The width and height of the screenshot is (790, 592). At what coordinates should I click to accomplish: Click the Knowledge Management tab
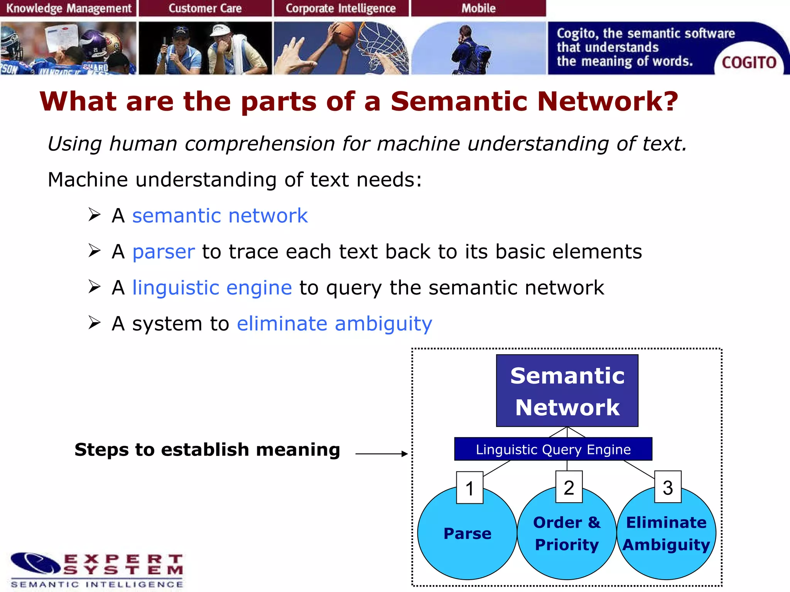coord(69,8)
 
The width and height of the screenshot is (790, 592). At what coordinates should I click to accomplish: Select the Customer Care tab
coord(205,8)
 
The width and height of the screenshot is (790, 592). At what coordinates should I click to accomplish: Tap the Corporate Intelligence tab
coord(341,8)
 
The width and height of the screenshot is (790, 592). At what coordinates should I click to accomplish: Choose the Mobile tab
coord(478,8)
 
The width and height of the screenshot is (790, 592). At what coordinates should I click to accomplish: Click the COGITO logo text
coord(749,62)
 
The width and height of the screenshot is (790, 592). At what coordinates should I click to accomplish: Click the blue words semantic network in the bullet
coord(220,215)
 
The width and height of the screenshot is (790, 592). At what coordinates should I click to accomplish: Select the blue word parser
coord(164,252)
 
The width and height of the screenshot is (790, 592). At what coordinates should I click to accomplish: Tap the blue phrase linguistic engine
coord(212,288)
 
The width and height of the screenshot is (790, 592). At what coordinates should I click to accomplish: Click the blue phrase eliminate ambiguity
coord(334,324)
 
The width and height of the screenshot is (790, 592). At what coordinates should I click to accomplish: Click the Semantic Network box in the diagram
coord(567,390)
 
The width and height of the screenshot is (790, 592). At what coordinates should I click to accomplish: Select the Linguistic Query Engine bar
coord(553,449)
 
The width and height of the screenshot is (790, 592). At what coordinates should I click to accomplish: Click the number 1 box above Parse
coord(469,488)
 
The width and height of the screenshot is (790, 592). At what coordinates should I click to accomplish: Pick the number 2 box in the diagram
coord(569,487)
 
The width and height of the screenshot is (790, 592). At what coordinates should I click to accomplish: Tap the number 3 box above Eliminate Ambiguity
coord(668,487)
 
